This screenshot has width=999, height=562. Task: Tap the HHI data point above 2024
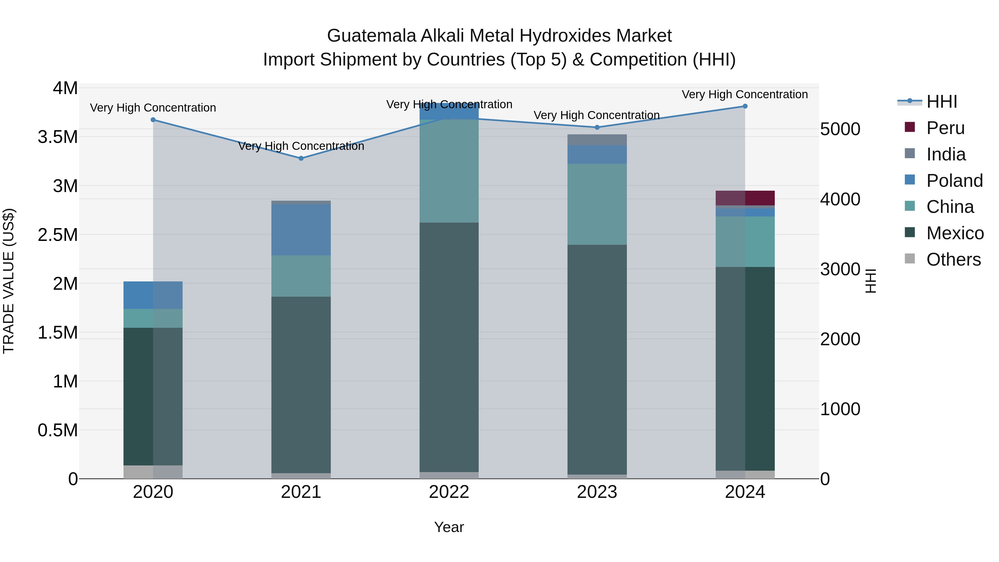click(745, 106)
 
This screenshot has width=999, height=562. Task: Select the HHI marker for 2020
click(153, 120)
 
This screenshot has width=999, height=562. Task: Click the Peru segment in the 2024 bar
click(745, 198)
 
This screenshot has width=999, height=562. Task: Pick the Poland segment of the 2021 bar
click(301, 230)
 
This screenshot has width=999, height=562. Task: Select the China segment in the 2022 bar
click(449, 171)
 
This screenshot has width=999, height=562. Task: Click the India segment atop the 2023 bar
click(597, 140)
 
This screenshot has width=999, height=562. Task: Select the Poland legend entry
click(954, 181)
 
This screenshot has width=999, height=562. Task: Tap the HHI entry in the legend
click(941, 102)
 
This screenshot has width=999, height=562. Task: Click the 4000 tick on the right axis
click(840, 199)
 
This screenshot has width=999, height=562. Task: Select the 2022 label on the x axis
click(449, 492)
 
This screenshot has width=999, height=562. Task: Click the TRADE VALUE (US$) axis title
click(9, 281)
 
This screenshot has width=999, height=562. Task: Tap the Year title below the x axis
click(449, 527)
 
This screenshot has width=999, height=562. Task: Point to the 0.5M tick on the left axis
click(58, 430)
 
